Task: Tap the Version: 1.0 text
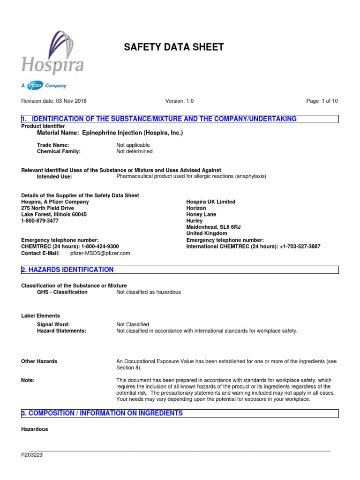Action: [180, 101]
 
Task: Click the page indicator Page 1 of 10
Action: [322, 101]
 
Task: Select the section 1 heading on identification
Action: [159, 119]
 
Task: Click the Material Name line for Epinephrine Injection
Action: [110, 133]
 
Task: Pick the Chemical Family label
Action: [59, 151]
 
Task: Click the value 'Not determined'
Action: [134, 151]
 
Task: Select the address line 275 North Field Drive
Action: [48, 208]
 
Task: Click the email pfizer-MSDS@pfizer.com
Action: [100, 253]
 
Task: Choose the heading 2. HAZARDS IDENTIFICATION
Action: [67, 270]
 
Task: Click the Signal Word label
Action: [53, 324]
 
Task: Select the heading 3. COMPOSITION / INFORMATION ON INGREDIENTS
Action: [102, 413]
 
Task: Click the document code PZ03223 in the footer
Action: [32, 455]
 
